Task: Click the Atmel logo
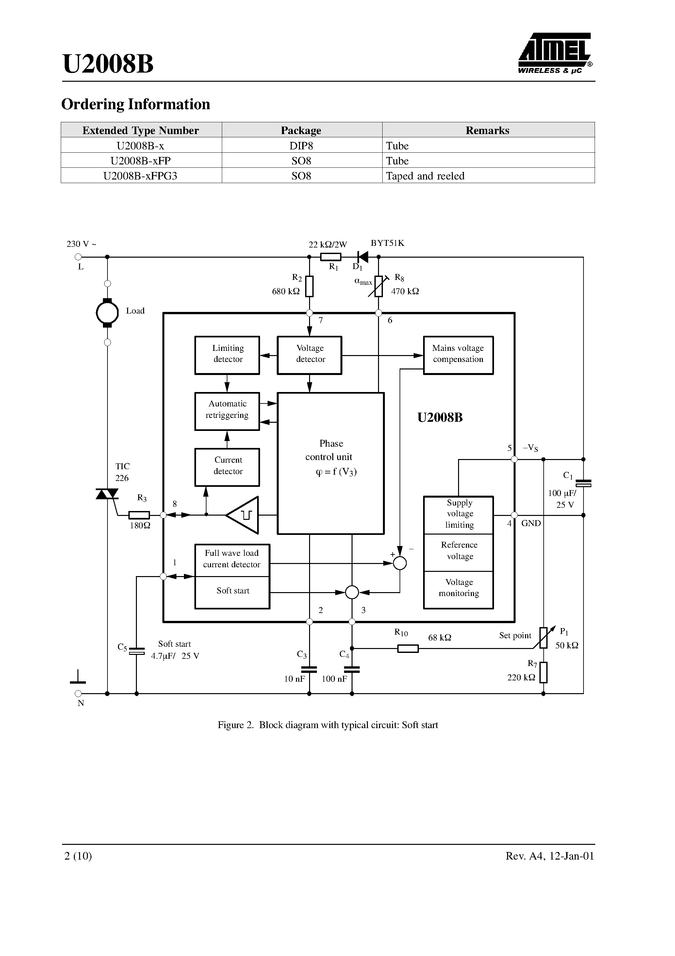[x=555, y=53]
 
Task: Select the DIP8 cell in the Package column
[x=301, y=146]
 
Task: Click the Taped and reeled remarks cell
[x=488, y=176]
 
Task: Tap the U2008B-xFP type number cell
[x=141, y=161]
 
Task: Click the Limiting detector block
[x=227, y=355]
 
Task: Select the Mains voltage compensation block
[x=458, y=355]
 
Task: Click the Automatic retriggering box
[x=227, y=411]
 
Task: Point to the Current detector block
[x=227, y=467]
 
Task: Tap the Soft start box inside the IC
[x=232, y=592]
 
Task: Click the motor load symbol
[x=107, y=313]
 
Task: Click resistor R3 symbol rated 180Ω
[x=139, y=515]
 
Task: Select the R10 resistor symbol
[x=408, y=648]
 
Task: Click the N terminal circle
[x=78, y=694]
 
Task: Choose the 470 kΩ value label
[x=405, y=291]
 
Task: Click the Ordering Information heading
[x=136, y=104]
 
